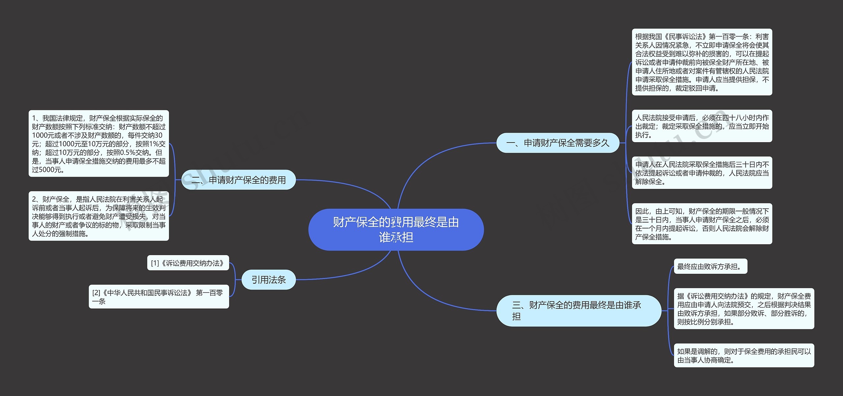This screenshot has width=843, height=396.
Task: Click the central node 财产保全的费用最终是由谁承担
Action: point(396,229)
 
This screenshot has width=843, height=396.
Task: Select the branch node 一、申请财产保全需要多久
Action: point(557,143)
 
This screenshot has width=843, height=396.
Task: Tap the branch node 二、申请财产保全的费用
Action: point(238,180)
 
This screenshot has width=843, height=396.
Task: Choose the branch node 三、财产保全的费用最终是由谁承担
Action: point(578,310)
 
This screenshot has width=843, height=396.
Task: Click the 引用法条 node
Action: point(268,280)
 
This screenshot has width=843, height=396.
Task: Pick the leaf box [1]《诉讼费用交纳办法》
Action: point(188,263)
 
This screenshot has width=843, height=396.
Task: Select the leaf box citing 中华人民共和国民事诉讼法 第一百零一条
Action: point(158,297)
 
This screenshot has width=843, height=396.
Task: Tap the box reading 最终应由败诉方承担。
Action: point(710,266)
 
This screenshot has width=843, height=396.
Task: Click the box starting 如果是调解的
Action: point(744,356)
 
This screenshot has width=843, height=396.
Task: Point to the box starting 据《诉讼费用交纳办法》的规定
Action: point(744,309)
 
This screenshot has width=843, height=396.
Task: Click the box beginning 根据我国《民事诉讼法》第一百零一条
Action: point(702,62)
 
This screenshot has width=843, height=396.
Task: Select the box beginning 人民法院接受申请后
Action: point(702,126)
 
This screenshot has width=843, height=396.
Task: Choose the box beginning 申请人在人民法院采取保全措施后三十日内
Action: point(702,173)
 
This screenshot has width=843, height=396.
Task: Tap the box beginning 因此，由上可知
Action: point(702,224)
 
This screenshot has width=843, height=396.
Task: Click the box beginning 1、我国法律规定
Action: point(98,144)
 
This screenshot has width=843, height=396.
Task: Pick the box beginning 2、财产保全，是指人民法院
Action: point(98,216)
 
